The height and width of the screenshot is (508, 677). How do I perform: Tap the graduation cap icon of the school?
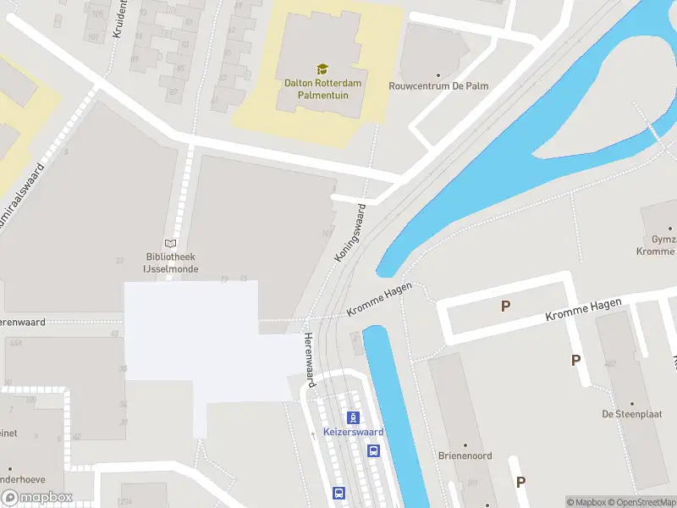coord(322,69)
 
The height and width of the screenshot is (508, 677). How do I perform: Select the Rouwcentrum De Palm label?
coord(438,86)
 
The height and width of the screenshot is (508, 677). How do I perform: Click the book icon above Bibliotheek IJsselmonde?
coord(171,243)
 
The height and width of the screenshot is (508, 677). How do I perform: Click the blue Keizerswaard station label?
coord(354,432)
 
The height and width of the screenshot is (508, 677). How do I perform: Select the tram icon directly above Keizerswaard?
coord(354,417)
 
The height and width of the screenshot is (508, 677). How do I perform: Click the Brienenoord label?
coord(465,456)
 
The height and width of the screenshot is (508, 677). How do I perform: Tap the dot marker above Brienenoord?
coord(465,444)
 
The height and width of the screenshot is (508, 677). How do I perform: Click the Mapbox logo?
coord(36,498)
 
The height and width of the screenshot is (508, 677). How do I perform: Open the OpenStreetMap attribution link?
coord(641,502)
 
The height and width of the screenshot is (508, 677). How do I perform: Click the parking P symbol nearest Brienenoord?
coord(520,482)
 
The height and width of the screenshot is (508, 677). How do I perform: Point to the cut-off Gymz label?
coord(660,240)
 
